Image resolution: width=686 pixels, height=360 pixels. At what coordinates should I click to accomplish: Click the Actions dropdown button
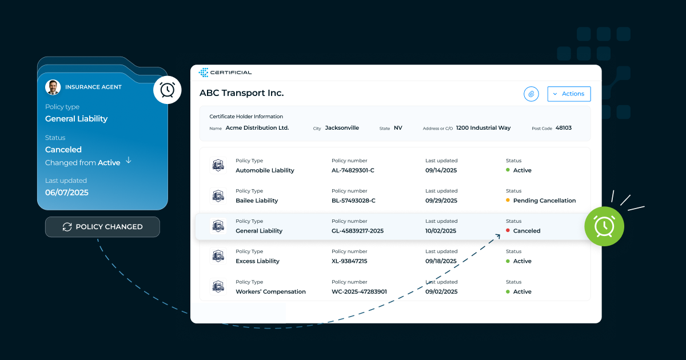pos(569,94)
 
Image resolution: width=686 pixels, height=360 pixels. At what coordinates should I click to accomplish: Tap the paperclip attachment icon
pos(531,94)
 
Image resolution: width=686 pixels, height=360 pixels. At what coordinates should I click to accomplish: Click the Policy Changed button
pos(102,227)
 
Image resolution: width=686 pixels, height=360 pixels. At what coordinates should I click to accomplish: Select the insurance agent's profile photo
pos(53,87)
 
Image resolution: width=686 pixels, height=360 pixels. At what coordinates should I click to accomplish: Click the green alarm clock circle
pos(604,226)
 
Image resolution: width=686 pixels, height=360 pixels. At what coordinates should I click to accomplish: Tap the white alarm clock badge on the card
pos(167,90)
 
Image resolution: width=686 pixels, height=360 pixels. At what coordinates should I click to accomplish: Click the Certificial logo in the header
pos(225,73)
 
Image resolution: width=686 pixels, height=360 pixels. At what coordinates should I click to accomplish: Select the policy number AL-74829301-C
pos(353,170)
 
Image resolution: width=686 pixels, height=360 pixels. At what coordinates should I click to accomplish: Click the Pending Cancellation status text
pos(544,201)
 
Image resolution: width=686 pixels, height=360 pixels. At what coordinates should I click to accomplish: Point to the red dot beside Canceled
pos(508,231)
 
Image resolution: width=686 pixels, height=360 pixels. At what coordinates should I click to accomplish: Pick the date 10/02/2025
pos(441,231)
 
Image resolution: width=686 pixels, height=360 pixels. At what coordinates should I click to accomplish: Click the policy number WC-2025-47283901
pos(359,291)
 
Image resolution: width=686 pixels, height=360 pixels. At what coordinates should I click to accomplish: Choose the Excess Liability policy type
pos(257,261)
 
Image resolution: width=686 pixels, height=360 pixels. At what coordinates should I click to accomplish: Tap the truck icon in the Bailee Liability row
pos(218,195)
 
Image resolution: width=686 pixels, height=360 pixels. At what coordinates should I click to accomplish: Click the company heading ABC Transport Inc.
pos(241,93)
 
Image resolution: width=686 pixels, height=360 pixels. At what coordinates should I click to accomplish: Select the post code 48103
pos(564,128)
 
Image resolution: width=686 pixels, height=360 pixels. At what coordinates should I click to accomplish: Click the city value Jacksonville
pos(342,128)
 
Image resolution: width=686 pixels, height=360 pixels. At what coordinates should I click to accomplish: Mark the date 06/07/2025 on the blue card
pos(67,193)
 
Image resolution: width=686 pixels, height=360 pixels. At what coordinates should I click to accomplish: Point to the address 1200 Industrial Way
pos(483,128)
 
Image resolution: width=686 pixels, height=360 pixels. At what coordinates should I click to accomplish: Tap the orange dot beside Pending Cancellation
pos(508,201)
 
